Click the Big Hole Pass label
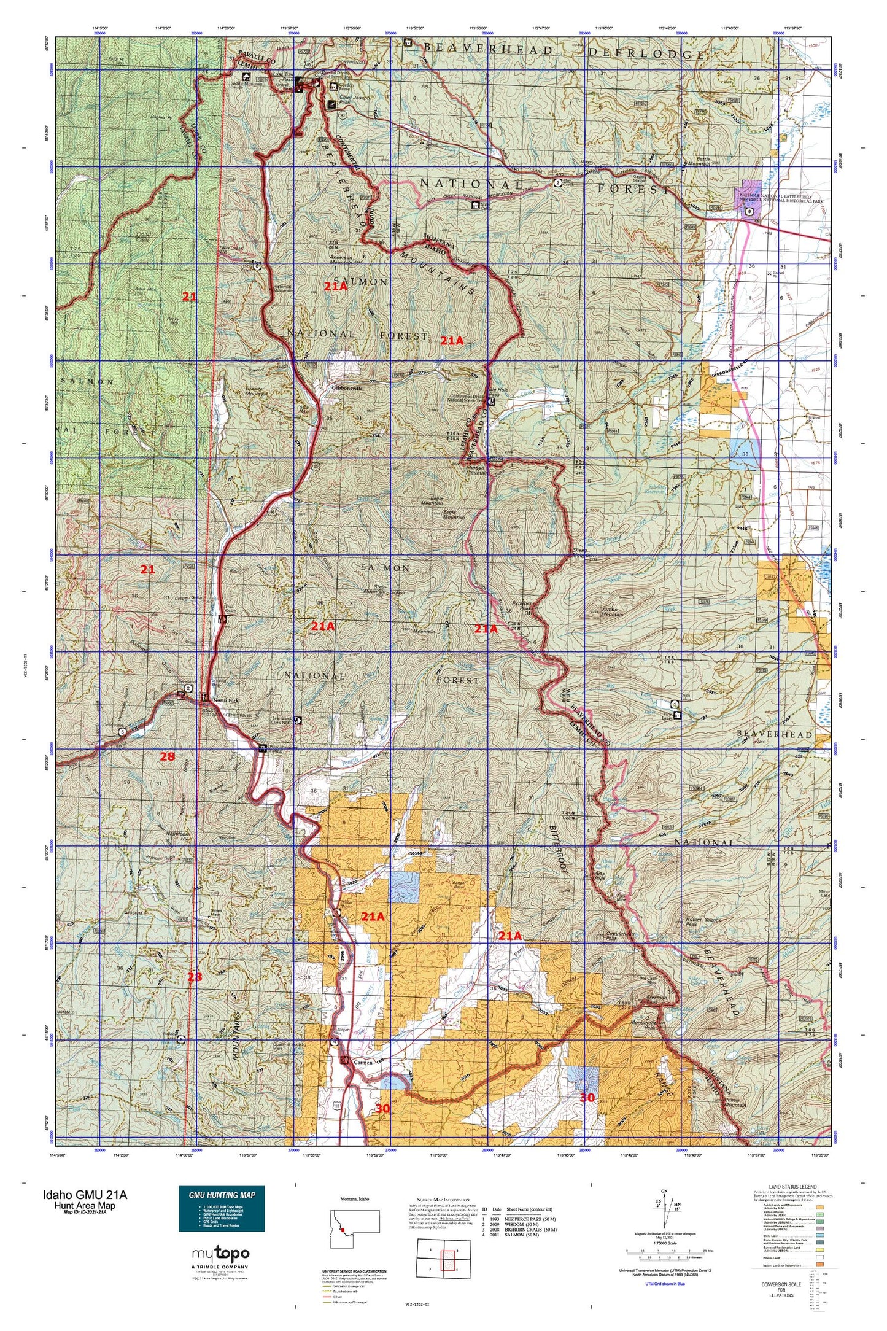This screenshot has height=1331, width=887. tap(498, 392)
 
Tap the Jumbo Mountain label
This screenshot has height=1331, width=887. tap(612, 611)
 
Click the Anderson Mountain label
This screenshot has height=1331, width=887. tap(341, 260)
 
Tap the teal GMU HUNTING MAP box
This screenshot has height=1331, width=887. tap(222, 1209)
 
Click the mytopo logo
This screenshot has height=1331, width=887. tap(220, 1254)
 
